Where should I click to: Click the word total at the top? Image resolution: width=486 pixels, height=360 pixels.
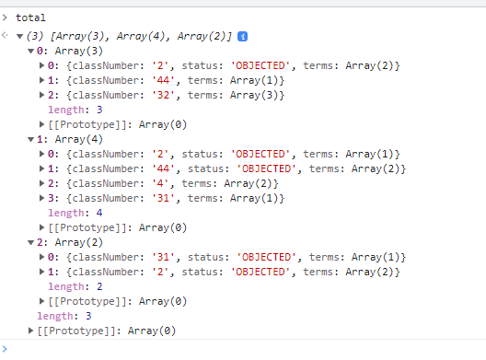(30, 17)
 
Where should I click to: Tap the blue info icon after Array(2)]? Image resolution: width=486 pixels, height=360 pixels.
(242, 37)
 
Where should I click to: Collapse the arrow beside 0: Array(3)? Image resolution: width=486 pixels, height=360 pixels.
(30, 52)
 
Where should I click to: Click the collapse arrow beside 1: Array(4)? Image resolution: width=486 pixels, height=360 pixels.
(30, 140)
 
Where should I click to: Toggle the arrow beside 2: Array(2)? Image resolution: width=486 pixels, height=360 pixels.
(30, 243)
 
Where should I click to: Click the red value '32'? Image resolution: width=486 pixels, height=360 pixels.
(163, 95)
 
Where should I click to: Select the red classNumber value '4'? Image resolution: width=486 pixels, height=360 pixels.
(160, 183)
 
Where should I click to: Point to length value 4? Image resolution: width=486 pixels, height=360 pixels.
(99, 213)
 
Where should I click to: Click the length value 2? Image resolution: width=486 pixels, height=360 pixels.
(99, 286)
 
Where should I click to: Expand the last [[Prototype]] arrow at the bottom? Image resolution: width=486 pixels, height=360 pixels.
(30, 331)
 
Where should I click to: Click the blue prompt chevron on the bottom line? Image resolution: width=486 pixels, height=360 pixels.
(5, 349)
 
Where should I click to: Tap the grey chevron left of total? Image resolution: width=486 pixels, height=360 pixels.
(5, 17)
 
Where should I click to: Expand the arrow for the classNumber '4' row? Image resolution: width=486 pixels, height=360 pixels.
(41, 183)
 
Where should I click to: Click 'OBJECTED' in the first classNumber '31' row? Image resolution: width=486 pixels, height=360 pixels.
(267, 257)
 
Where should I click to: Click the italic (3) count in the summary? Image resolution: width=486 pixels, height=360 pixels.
(35, 37)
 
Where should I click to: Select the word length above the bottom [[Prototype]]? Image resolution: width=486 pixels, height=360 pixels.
(55, 316)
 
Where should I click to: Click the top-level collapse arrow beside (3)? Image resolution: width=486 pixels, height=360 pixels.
(20, 37)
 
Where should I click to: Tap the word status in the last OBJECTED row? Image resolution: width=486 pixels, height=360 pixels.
(200, 272)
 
